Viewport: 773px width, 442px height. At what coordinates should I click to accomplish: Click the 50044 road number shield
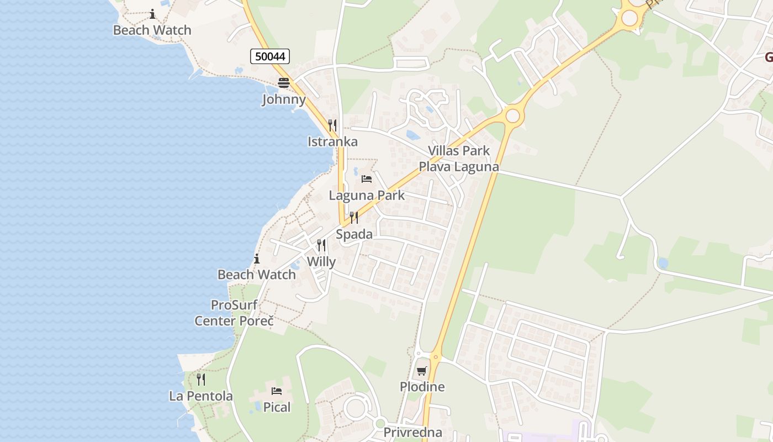point(270,56)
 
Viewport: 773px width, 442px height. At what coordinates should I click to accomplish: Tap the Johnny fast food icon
point(284,83)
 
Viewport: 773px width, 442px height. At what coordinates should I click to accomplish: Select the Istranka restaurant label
point(332,141)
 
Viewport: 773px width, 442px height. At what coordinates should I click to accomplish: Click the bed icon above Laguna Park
point(367,178)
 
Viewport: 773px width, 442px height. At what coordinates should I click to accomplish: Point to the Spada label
point(354,234)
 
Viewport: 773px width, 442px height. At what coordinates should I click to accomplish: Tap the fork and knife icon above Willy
point(321,245)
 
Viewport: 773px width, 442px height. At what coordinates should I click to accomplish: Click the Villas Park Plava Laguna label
point(459,159)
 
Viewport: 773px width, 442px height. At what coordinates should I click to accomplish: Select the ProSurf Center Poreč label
point(234,313)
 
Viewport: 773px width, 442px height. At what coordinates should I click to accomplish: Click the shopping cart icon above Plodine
point(422,371)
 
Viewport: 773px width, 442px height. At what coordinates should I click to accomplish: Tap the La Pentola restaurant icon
point(201,380)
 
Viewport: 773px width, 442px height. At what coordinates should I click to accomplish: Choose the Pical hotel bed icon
point(277,391)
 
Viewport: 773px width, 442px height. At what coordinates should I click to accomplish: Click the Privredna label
point(413,433)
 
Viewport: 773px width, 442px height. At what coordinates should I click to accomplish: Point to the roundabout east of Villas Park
point(513,116)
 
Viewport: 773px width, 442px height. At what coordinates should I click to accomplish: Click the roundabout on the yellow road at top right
point(629,18)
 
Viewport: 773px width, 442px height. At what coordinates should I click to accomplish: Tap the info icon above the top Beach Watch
point(152,14)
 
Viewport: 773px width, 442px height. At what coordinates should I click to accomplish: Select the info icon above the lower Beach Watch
point(256,258)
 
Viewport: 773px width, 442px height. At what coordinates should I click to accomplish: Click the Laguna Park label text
point(367,195)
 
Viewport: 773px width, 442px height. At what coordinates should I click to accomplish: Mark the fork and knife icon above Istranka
point(332,125)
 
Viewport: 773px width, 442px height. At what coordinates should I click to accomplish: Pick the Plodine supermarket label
point(422,387)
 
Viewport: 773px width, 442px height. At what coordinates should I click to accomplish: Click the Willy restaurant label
point(321,261)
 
